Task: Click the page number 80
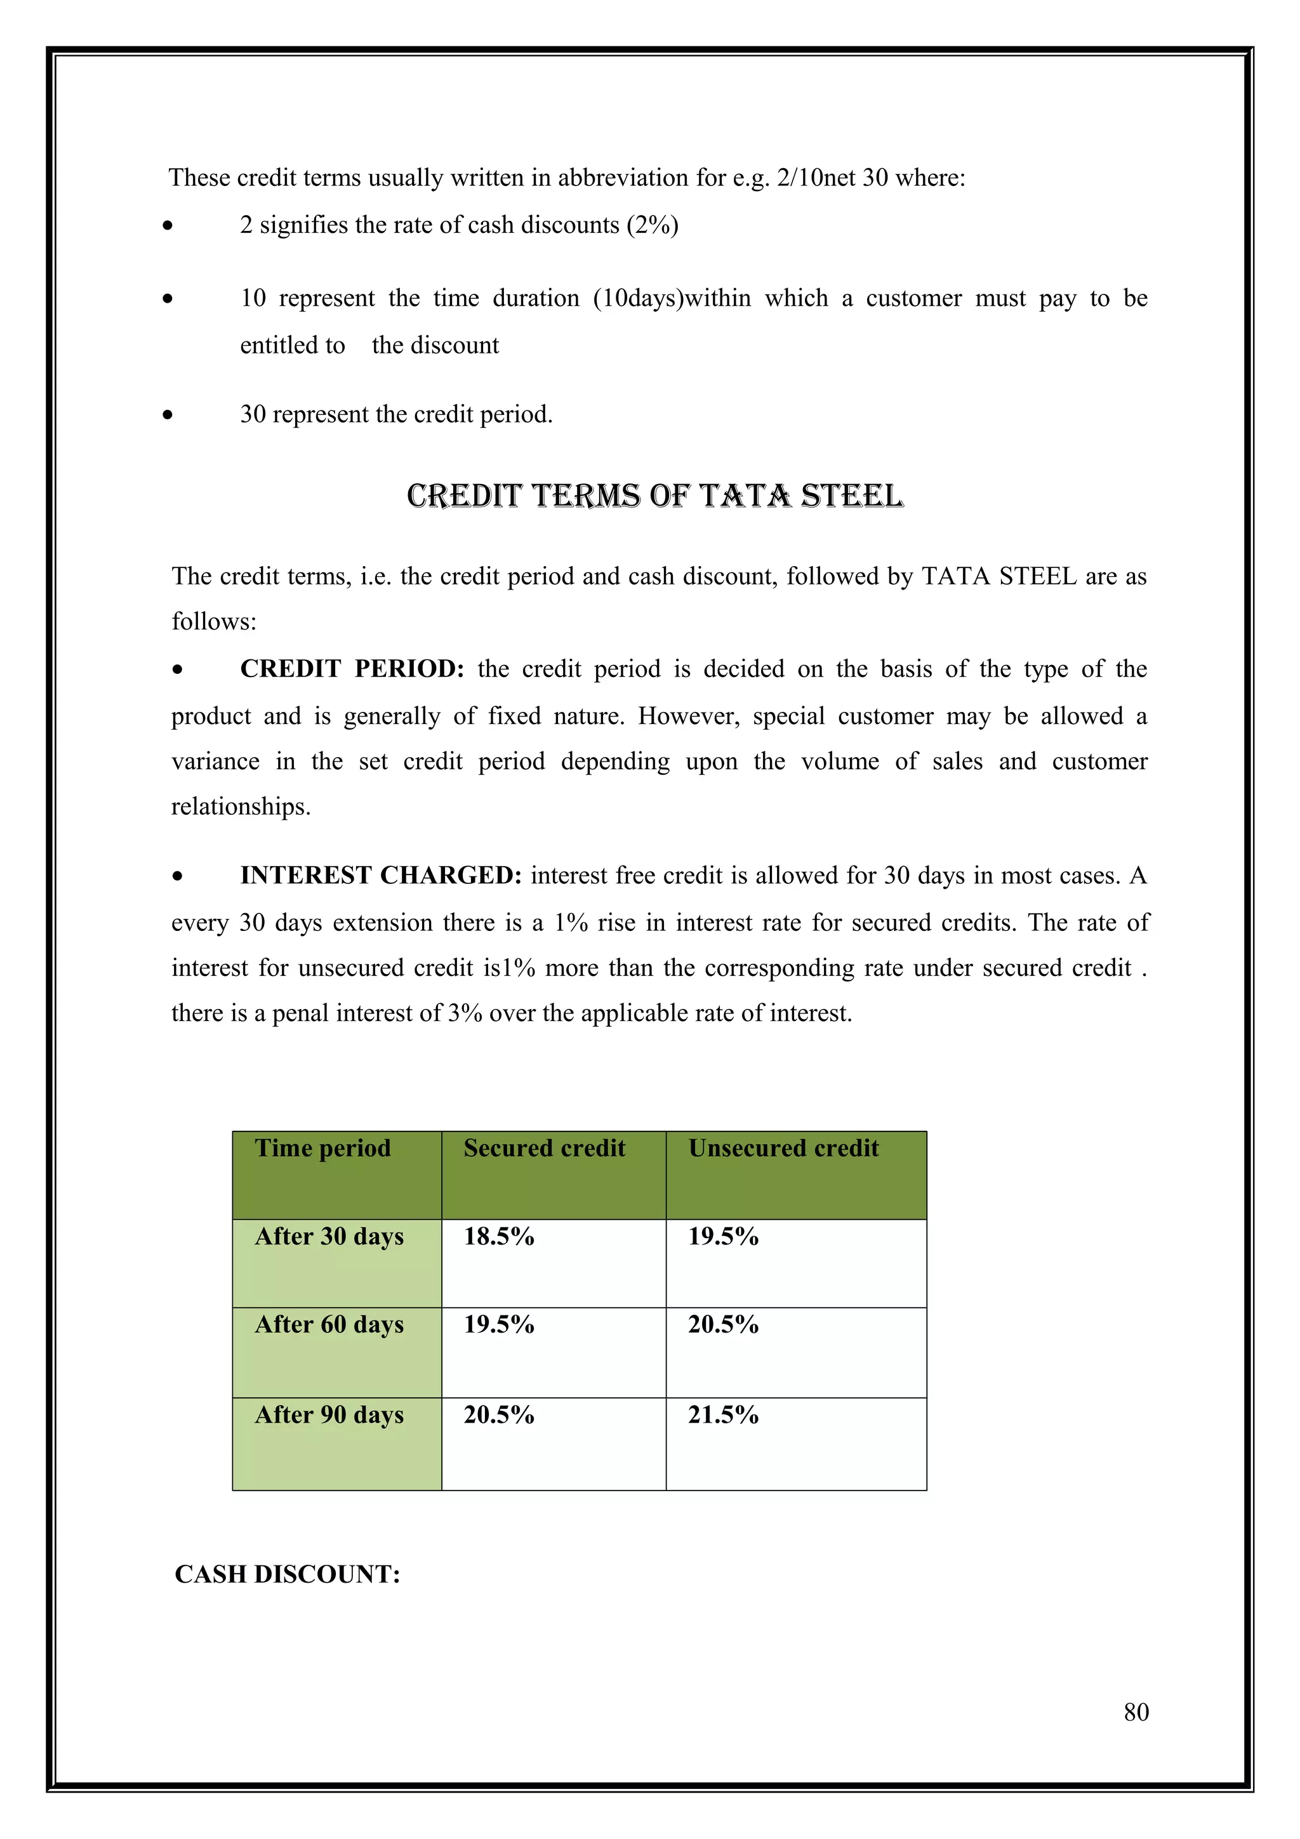pyautogui.click(x=1136, y=1711)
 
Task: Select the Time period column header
pyautogui.click(x=323, y=1149)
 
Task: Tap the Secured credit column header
pyautogui.click(x=544, y=1149)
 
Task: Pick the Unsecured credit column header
pyautogui.click(x=783, y=1149)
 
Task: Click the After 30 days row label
pyautogui.click(x=329, y=1237)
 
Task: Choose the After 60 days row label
pyautogui.click(x=329, y=1325)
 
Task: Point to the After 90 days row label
pyautogui.click(x=329, y=1415)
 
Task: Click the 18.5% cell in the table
pyautogui.click(x=498, y=1237)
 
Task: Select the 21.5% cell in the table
pyautogui.click(x=722, y=1415)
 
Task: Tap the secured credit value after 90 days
pyautogui.click(x=498, y=1415)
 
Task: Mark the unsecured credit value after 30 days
pyautogui.click(x=722, y=1237)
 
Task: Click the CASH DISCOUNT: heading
pyautogui.click(x=287, y=1574)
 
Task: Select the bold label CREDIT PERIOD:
pyautogui.click(x=352, y=669)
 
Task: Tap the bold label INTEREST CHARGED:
pyautogui.click(x=380, y=876)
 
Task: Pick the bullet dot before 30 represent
pyautogui.click(x=168, y=415)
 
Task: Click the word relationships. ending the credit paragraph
pyautogui.click(x=241, y=807)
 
